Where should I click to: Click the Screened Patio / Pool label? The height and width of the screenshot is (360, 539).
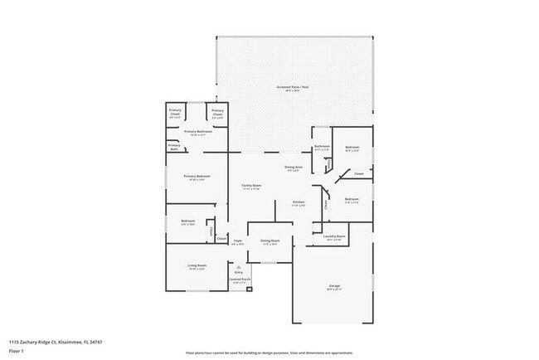[293, 87]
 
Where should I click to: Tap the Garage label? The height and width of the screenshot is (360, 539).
[334, 287]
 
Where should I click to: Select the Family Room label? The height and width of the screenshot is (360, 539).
[251, 187]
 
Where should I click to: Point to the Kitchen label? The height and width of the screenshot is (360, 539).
[299, 203]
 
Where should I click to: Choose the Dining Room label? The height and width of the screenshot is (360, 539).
[270, 241]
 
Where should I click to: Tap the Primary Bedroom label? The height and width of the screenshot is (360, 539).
[196, 178]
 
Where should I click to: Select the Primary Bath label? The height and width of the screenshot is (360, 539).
[174, 147]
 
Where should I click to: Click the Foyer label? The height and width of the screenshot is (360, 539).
[238, 241]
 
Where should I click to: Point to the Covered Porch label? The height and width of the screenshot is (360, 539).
[238, 281]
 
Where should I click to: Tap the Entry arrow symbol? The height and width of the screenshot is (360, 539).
[238, 265]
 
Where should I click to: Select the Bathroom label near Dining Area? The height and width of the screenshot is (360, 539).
[323, 148]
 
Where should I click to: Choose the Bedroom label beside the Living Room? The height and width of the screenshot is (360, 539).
[187, 221]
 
